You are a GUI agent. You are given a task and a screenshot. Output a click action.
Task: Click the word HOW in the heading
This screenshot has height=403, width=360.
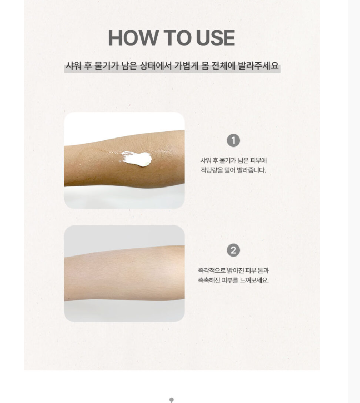pos(133,38)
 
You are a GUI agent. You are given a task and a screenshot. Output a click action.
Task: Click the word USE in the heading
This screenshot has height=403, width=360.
pos(215,38)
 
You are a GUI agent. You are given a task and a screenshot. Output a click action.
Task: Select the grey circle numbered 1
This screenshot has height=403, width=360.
pos(233,141)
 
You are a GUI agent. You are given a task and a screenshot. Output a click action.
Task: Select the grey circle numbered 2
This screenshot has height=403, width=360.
pos(233,251)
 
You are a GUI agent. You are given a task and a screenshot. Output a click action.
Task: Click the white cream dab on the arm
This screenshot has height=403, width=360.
pos(136,159)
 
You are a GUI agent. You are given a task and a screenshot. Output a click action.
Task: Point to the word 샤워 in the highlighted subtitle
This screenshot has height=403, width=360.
pos(74,66)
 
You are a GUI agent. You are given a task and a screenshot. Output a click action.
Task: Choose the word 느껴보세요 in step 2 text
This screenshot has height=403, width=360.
pos(254,280)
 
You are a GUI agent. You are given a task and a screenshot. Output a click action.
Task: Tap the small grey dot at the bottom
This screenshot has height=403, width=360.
pos(172,400)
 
